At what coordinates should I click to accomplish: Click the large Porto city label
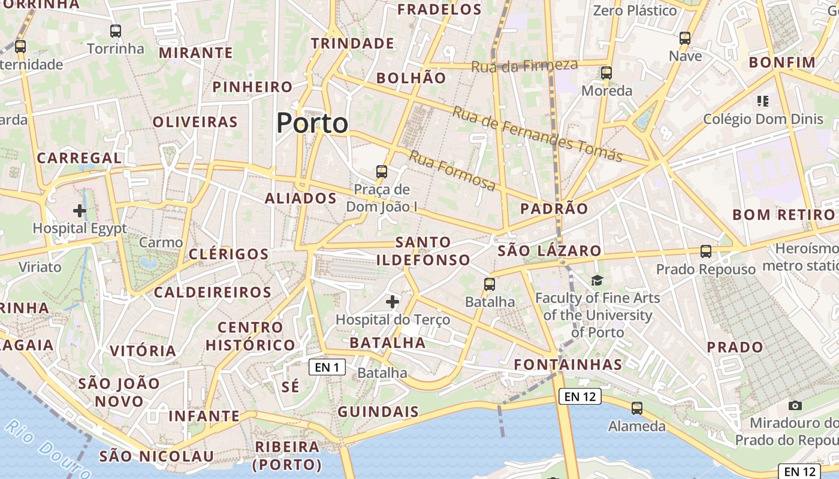click(312, 123)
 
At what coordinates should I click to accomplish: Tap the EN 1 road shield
click(327, 367)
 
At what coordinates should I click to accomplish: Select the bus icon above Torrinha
click(116, 31)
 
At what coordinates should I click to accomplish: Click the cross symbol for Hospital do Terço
click(393, 301)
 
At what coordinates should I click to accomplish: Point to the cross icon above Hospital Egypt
click(80, 211)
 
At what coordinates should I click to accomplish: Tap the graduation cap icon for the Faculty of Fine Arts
click(597, 280)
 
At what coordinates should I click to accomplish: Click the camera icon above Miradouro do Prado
click(795, 405)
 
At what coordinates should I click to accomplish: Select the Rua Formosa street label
click(452, 171)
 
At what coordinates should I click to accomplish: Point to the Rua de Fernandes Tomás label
click(538, 134)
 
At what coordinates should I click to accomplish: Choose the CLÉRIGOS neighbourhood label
click(229, 254)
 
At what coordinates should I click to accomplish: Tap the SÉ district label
click(290, 387)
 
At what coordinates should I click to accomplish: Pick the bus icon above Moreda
click(606, 73)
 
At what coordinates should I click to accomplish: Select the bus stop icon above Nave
click(685, 38)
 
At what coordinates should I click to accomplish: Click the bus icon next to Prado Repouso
click(706, 251)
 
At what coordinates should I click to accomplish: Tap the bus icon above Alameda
click(637, 408)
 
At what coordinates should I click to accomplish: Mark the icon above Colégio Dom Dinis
click(763, 101)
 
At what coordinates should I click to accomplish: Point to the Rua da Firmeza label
click(524, 66)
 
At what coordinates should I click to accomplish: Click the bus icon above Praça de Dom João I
click(382, 172)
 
